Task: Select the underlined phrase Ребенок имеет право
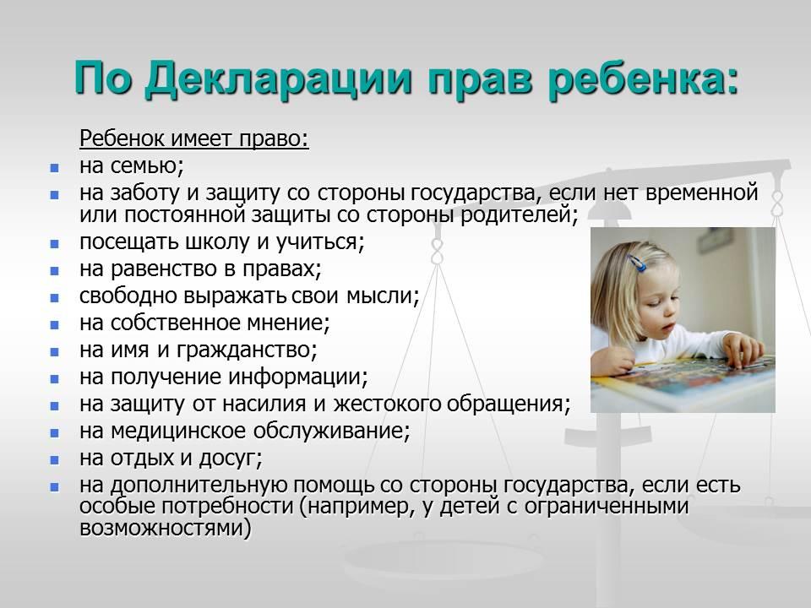(194, 138)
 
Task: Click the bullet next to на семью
(54, 168)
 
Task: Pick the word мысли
(382, 296)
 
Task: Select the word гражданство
(247, 350)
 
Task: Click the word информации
(298, 377)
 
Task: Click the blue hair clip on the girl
(636, 263)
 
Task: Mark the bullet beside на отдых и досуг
(54, 459)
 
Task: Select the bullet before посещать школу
(54, 243)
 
